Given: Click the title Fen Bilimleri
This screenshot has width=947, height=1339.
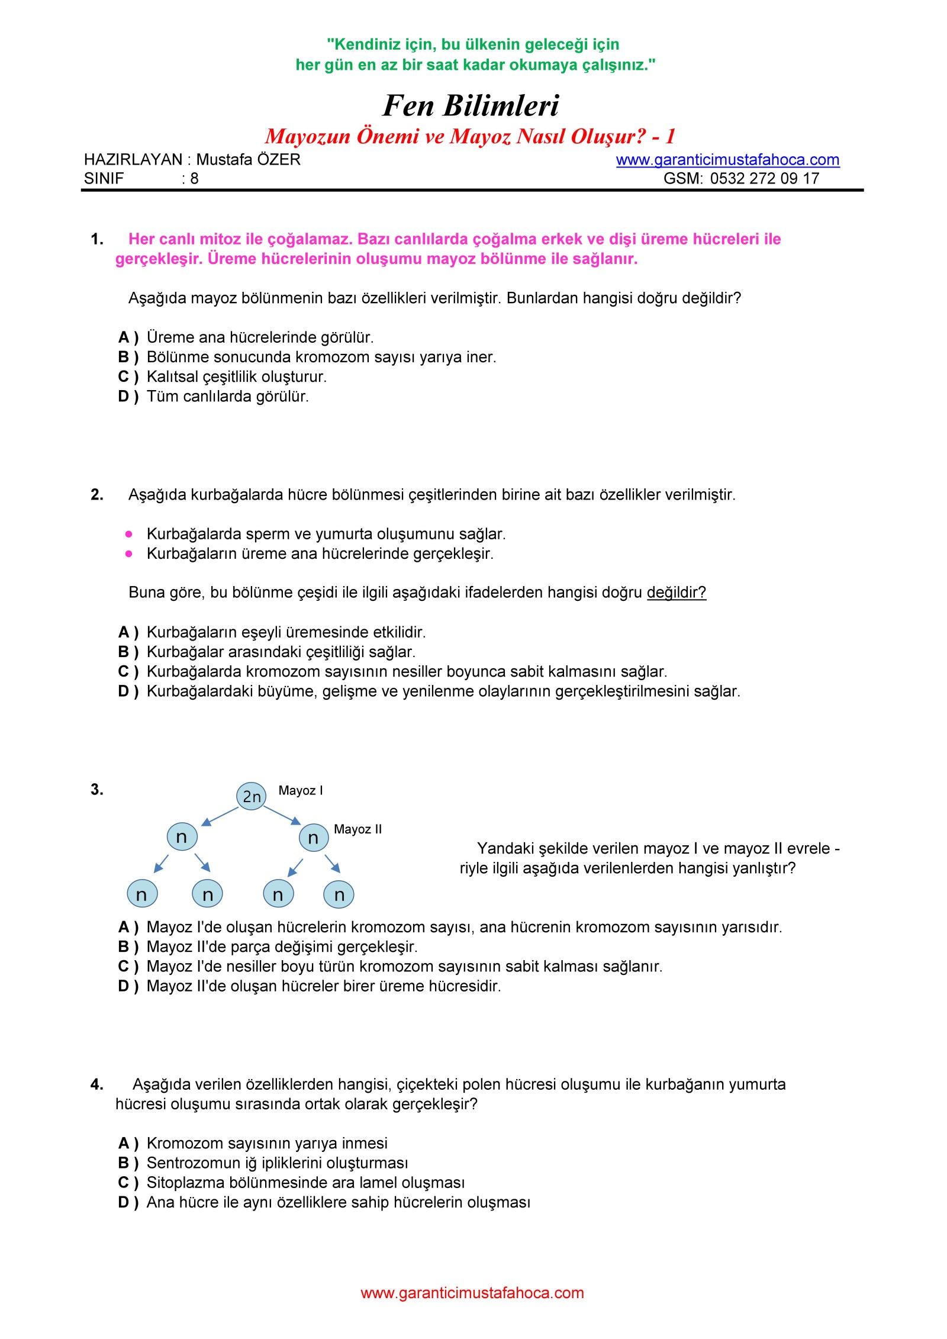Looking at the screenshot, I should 471,106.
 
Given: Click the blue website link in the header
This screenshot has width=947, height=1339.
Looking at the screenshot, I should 727,160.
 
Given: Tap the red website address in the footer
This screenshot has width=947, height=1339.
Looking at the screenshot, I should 472,1293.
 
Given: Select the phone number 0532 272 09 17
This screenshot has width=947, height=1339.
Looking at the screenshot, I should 764,179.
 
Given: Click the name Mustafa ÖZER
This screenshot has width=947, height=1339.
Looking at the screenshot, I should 248,160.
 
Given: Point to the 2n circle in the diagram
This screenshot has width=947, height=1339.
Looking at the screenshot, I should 252,796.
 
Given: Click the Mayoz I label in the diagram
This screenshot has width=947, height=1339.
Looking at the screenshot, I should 301,791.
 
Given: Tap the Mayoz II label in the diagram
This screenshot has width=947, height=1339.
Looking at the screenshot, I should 357,829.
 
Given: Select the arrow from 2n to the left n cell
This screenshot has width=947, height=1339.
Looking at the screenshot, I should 220,816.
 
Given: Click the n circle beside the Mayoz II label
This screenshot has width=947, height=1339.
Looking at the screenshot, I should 313,838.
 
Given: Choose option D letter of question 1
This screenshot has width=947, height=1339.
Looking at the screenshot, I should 124,397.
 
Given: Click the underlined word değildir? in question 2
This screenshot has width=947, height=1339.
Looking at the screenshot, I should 676,593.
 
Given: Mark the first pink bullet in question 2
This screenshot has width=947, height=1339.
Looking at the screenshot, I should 129,534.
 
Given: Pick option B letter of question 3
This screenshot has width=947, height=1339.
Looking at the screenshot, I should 124,947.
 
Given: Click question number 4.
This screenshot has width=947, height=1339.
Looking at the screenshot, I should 97,1084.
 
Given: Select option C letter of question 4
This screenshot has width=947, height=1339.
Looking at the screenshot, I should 124,1183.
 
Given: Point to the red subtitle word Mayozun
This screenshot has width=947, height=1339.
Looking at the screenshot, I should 308,137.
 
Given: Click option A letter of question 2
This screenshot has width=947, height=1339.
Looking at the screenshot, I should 124,633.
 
